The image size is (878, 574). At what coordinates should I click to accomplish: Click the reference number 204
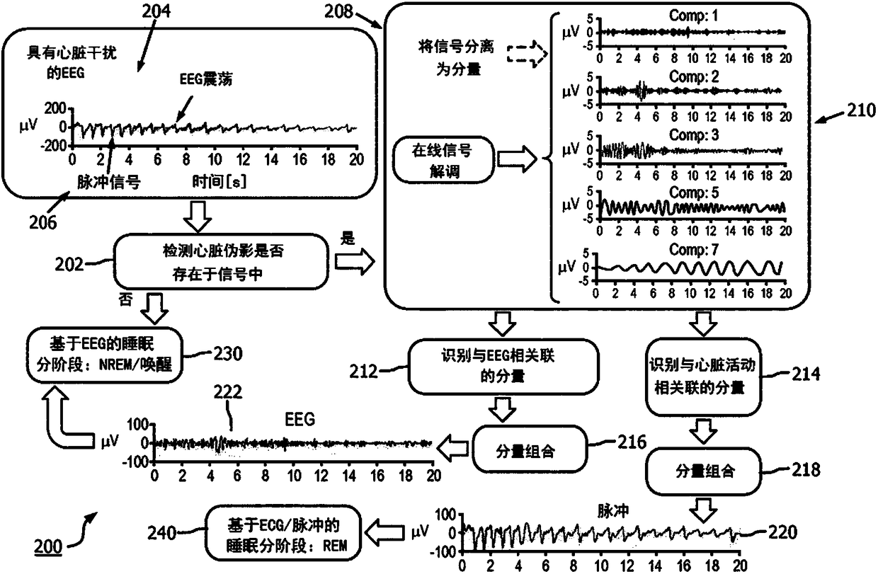[x=156, y=11]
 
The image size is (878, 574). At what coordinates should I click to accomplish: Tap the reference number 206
[x=42, y=222]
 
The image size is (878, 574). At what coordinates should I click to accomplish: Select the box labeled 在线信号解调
[x=443, y=160]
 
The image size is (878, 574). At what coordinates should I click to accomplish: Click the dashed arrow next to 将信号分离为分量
[x=528, y=54]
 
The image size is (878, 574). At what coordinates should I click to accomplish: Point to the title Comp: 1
[x=693, y=16]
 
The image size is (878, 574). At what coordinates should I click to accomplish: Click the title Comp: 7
[x=693, y=249]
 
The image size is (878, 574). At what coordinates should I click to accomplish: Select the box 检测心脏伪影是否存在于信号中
[x=221, y=262]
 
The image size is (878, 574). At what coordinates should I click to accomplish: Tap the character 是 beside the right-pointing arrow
[x=347, y=237]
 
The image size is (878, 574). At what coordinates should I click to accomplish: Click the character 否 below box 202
[x=125, y=300]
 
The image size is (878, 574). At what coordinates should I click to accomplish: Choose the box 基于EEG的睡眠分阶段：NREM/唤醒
[x=105, y=355]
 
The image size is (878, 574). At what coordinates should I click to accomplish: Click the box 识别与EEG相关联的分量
[x=503, y=367]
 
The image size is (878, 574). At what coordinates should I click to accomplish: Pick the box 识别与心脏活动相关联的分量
[x=703, y=377]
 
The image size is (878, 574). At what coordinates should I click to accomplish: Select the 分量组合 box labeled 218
[x=703, y=471]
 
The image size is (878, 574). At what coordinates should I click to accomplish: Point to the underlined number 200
[x=48, y=546]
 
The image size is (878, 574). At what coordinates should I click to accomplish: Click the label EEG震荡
[x=206, y=79]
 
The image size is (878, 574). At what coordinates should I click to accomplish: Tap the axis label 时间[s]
[x=219, y=181]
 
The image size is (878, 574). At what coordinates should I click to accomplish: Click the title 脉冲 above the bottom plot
[x=613, y=511]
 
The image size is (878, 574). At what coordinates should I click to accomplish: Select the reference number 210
[x=861, y=111]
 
